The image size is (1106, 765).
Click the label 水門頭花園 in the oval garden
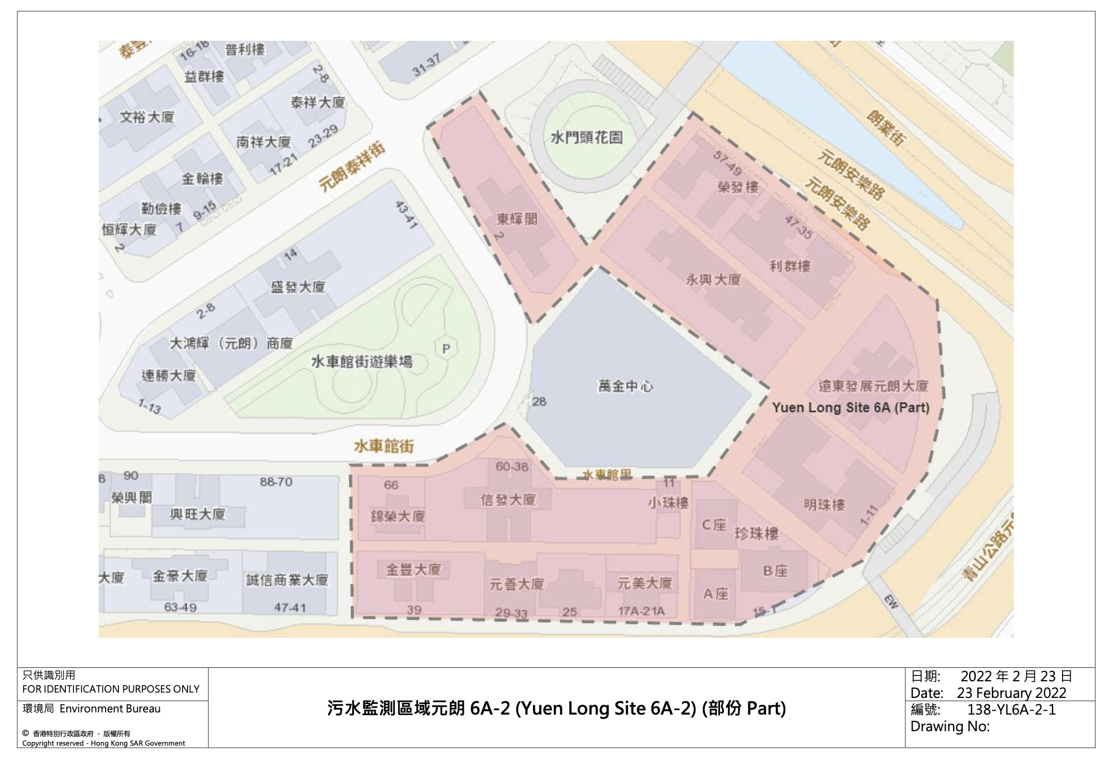(x=587, y=138)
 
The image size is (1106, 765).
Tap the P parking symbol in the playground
(x=446, y=349)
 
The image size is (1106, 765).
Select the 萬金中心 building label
(x=626, y=386)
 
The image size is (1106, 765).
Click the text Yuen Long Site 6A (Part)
(x=850, y=408)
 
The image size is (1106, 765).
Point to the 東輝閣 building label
(x=517, y=219)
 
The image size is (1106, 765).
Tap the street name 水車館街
(x=384, y=446)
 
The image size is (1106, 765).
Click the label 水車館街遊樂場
(x=362, y=362)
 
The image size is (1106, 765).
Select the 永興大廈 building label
(x=714, y=279)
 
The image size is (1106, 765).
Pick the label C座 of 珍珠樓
(x=714, y=525)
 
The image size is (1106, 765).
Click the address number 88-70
(x=276, y=482)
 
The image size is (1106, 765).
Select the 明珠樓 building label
(x=825, y=504)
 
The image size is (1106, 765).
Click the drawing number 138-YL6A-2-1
(x=1011, y=709)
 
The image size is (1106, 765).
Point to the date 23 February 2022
(x=1011, y=693)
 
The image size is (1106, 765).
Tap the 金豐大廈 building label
(x=413, y=569)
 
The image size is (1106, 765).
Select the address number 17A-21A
(x=641, y=611)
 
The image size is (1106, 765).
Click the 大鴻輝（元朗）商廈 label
(x=231, y=343)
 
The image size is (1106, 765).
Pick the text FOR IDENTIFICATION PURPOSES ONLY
(x=111, y=689)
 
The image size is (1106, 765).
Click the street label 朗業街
(x=886, y=128)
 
